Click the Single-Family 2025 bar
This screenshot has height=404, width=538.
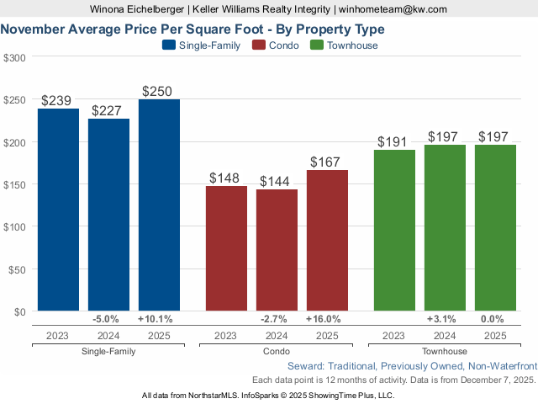point(159,205)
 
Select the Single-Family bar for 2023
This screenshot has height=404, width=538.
point(58,210)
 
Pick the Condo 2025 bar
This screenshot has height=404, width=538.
point(327,241)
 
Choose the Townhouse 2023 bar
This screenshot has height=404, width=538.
point(394,231)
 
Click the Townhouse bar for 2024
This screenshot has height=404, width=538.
point(445,228)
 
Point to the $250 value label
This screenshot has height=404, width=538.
point(159,91)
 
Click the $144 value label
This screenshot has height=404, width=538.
point(277,181)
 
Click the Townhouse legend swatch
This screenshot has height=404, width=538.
point(317,45)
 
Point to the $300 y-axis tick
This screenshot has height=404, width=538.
point(14,57)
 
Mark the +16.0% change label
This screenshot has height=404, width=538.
point(327,319)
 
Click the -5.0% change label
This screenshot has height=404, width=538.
point(108,319)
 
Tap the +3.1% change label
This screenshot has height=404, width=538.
point(445,319)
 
